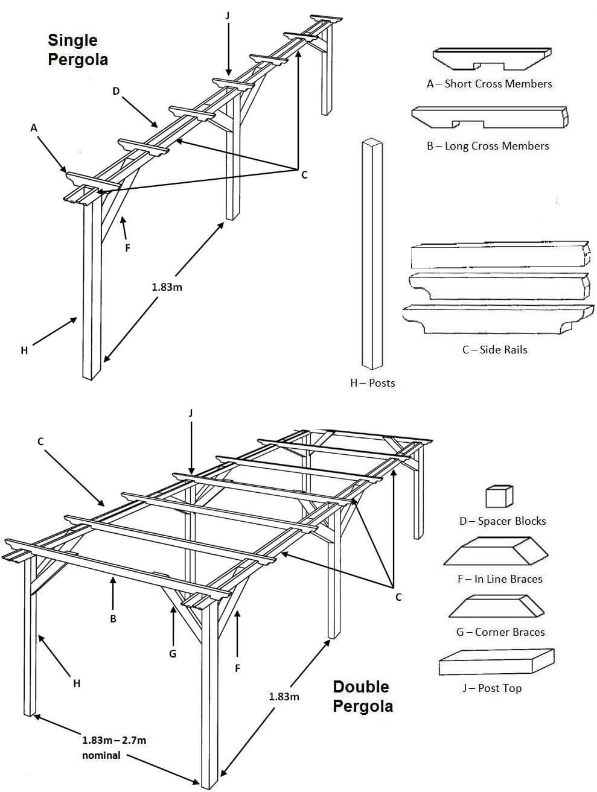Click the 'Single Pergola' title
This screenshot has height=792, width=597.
[78, 50]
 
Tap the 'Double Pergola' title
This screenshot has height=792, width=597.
[362, 696]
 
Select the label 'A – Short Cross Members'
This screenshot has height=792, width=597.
[489, 84]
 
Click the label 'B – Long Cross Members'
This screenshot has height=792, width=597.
[488, 146]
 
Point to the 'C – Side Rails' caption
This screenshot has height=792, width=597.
[494, 350]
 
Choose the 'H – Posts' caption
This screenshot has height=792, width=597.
[372, 383]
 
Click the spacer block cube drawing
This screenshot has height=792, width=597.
[499, 496]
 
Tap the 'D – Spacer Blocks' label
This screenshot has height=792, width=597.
[502, 521]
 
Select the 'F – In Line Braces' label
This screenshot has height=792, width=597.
[500, 579]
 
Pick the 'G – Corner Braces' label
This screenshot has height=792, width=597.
[500, 632]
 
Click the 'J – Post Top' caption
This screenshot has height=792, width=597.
[492, 688]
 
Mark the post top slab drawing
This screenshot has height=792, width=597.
[496, 662]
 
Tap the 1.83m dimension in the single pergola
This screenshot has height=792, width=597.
[167, 287]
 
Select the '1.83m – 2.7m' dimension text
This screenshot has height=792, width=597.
[114, 740]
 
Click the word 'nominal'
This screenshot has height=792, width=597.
[101, 755]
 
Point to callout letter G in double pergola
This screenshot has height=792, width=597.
[173, 654]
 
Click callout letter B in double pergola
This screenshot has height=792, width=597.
[113, 619]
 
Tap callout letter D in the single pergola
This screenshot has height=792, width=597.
[116, 91]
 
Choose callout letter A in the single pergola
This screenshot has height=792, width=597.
[34, 128]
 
